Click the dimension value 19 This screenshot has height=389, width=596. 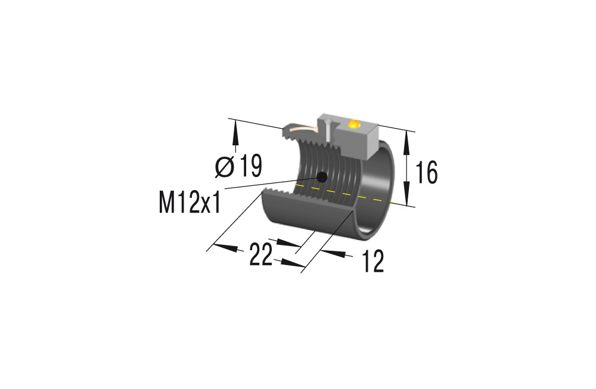click(x=251, y=167)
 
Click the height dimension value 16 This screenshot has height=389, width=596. click(x=426, y=172)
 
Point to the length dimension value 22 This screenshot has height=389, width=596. click(x=261, y=255)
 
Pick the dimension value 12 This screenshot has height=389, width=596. click(x=373, y=262)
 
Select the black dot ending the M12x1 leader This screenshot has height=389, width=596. click(x=322, y=176)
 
